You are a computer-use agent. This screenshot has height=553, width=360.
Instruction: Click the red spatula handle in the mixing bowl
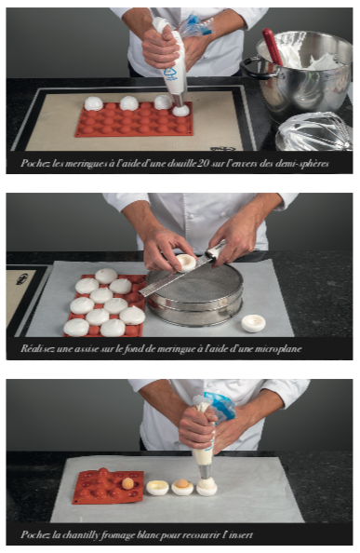(x=273, y=47)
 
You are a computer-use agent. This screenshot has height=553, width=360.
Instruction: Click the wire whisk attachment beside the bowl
(x=313, y=131)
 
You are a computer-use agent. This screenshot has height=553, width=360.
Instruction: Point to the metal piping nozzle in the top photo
(x=179, y=100)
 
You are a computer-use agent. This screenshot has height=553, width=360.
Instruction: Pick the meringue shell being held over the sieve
(x=186, y=263)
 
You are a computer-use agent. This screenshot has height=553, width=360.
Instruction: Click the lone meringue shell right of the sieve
(x=253, y=323)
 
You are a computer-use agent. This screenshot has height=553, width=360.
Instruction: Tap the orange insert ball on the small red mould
(x=127, y=483)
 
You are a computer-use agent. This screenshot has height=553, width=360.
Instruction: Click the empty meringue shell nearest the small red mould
(x=157, y=488)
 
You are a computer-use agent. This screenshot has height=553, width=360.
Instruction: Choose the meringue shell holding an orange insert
(x=182, y=487)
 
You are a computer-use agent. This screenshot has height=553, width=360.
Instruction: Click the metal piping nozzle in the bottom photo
(x=205, y=471)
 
